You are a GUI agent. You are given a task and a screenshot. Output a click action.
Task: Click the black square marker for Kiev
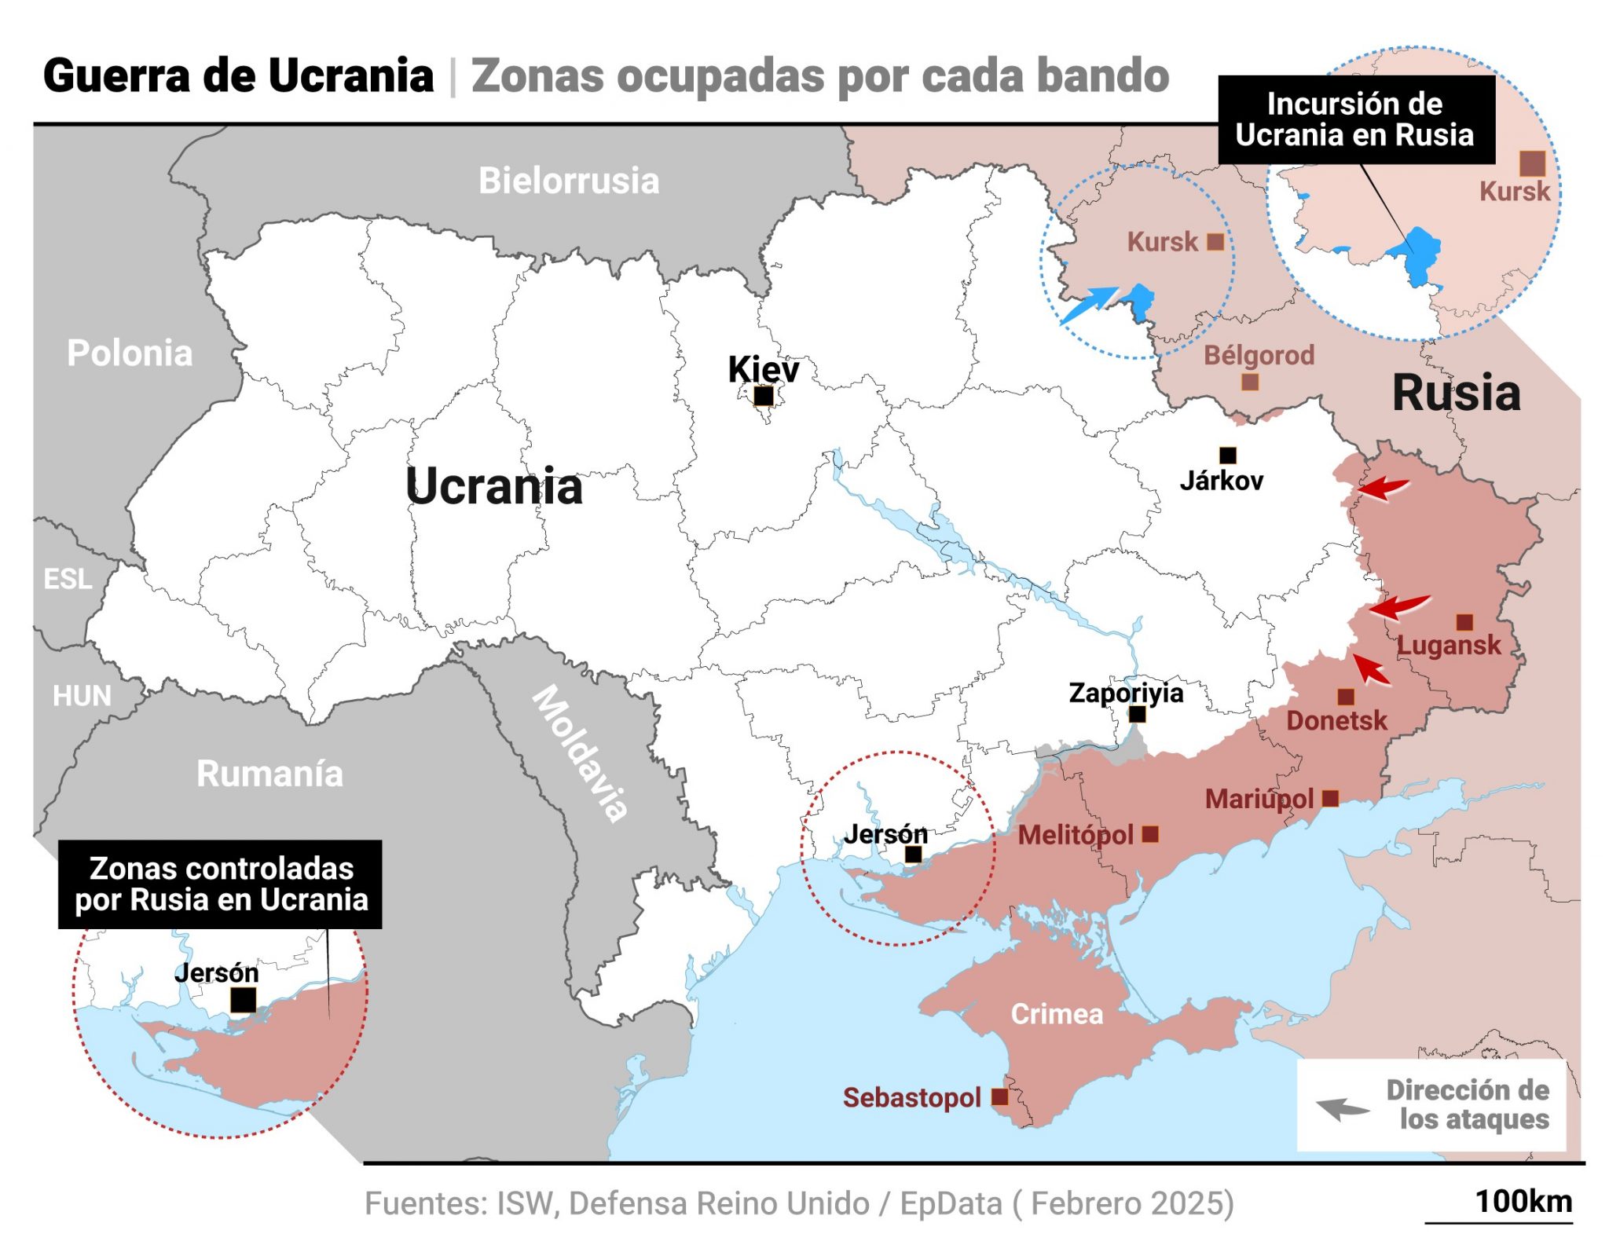click(763, 396)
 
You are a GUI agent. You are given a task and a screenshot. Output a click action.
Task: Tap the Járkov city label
click(1221, 480)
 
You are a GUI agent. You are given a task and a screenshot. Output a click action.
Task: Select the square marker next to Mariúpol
click(1330, 798)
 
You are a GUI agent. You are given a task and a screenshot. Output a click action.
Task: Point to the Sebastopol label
click(911, 1097)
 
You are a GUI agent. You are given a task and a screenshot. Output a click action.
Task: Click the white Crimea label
click(1056, 1014)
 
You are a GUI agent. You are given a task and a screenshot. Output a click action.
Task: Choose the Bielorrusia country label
click(569, 181)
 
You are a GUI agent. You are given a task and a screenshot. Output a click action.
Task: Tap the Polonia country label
click(130, 353)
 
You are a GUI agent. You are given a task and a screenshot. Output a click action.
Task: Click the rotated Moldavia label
click(580, 752)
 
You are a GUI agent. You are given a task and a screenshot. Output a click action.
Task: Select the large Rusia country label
click(1456, 393)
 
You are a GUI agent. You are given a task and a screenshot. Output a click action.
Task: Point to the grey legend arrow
click(1342, 1108)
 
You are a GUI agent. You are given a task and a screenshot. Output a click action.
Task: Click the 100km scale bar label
click(1523, 1202)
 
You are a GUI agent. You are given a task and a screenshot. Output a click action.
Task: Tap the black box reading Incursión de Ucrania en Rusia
click(1355, 119)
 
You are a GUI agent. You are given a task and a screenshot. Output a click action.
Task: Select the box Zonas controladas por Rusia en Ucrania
click(221, 884)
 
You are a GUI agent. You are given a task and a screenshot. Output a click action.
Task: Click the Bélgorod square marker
click(1250, 382)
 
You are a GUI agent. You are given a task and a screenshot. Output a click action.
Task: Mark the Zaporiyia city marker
click(1137, 714)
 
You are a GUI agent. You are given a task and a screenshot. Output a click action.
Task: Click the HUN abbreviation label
click(82, 696)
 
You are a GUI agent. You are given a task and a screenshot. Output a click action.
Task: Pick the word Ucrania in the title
click(350, 76)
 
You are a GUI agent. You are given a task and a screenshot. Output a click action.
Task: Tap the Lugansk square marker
click(1464, 622)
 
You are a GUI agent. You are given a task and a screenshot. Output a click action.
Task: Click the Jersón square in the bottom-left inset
click(243, 1000)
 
